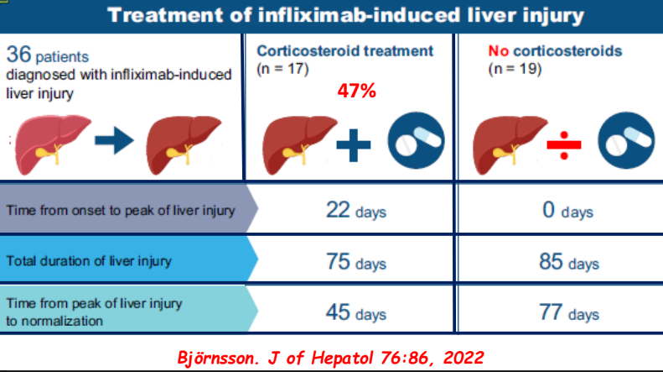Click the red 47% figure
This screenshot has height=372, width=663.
[x=355, y=91]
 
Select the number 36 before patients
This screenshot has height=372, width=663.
[x=18, y=55]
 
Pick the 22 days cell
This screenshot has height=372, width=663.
[x=355, y=210]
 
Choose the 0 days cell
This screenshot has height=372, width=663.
[x=567, y=210]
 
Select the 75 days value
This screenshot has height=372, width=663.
[x=355, y=261]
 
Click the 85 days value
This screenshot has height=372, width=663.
[x=567, y=261]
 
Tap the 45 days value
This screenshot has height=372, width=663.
[x=355, y=313]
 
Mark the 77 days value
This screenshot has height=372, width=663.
[x=567, y=313]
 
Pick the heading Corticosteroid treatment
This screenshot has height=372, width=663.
[x=345, y=51]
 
